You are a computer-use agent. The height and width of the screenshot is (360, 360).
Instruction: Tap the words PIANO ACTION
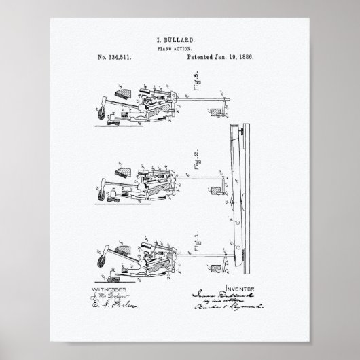(180, 50)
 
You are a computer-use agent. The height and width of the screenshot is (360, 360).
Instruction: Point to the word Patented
(204, 59)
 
